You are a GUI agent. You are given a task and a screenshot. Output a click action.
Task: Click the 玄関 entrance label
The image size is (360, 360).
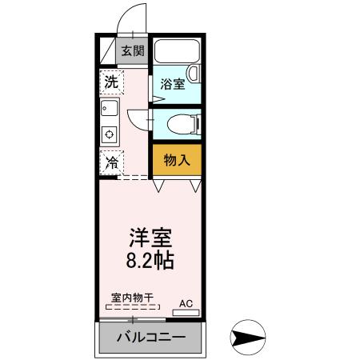click(132, 51)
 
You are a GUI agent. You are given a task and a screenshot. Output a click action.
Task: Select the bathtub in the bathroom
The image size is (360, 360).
click(177, 54)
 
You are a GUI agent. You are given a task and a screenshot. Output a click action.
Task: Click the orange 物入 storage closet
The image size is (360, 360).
click(176, 160)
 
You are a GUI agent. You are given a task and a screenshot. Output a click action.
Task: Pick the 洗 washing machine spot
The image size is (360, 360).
click(111, 81)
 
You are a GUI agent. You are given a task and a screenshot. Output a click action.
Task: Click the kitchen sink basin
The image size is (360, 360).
click(110, 109)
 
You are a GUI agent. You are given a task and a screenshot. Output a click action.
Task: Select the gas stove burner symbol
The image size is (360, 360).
click(110, 133)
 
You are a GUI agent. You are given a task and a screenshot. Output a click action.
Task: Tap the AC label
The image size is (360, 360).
click(186, 304)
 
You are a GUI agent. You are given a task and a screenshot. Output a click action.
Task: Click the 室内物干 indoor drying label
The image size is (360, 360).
click(134, 298)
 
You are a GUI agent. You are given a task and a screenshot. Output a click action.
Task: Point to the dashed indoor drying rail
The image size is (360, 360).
click(134, 307)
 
